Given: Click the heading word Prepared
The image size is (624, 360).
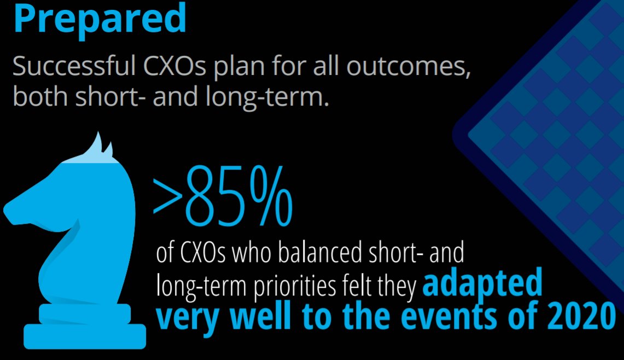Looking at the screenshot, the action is tap(100, 18).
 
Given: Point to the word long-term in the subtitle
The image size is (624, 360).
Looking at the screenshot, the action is tap(267, 97).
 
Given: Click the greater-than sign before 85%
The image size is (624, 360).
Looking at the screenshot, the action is tap(167, 195).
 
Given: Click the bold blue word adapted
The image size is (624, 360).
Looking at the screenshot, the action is tap(482, 283).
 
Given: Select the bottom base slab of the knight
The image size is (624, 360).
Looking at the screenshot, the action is tap(85, 336).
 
